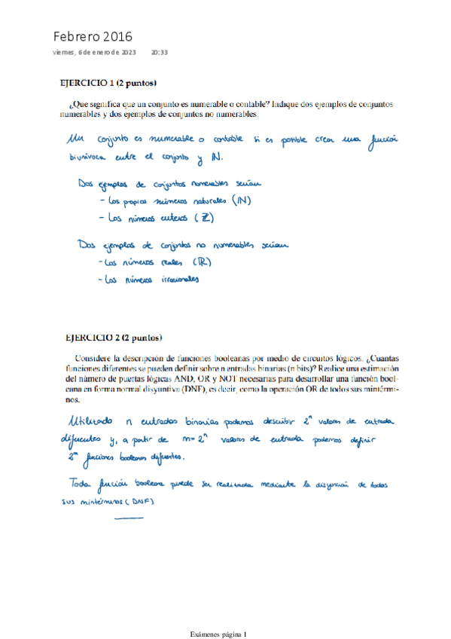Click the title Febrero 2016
pos(93,36)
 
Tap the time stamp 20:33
pos(159,53)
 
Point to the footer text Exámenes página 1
pos(225,614)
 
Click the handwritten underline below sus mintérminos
pos(128,517)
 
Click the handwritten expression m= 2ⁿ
pos(178,439)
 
